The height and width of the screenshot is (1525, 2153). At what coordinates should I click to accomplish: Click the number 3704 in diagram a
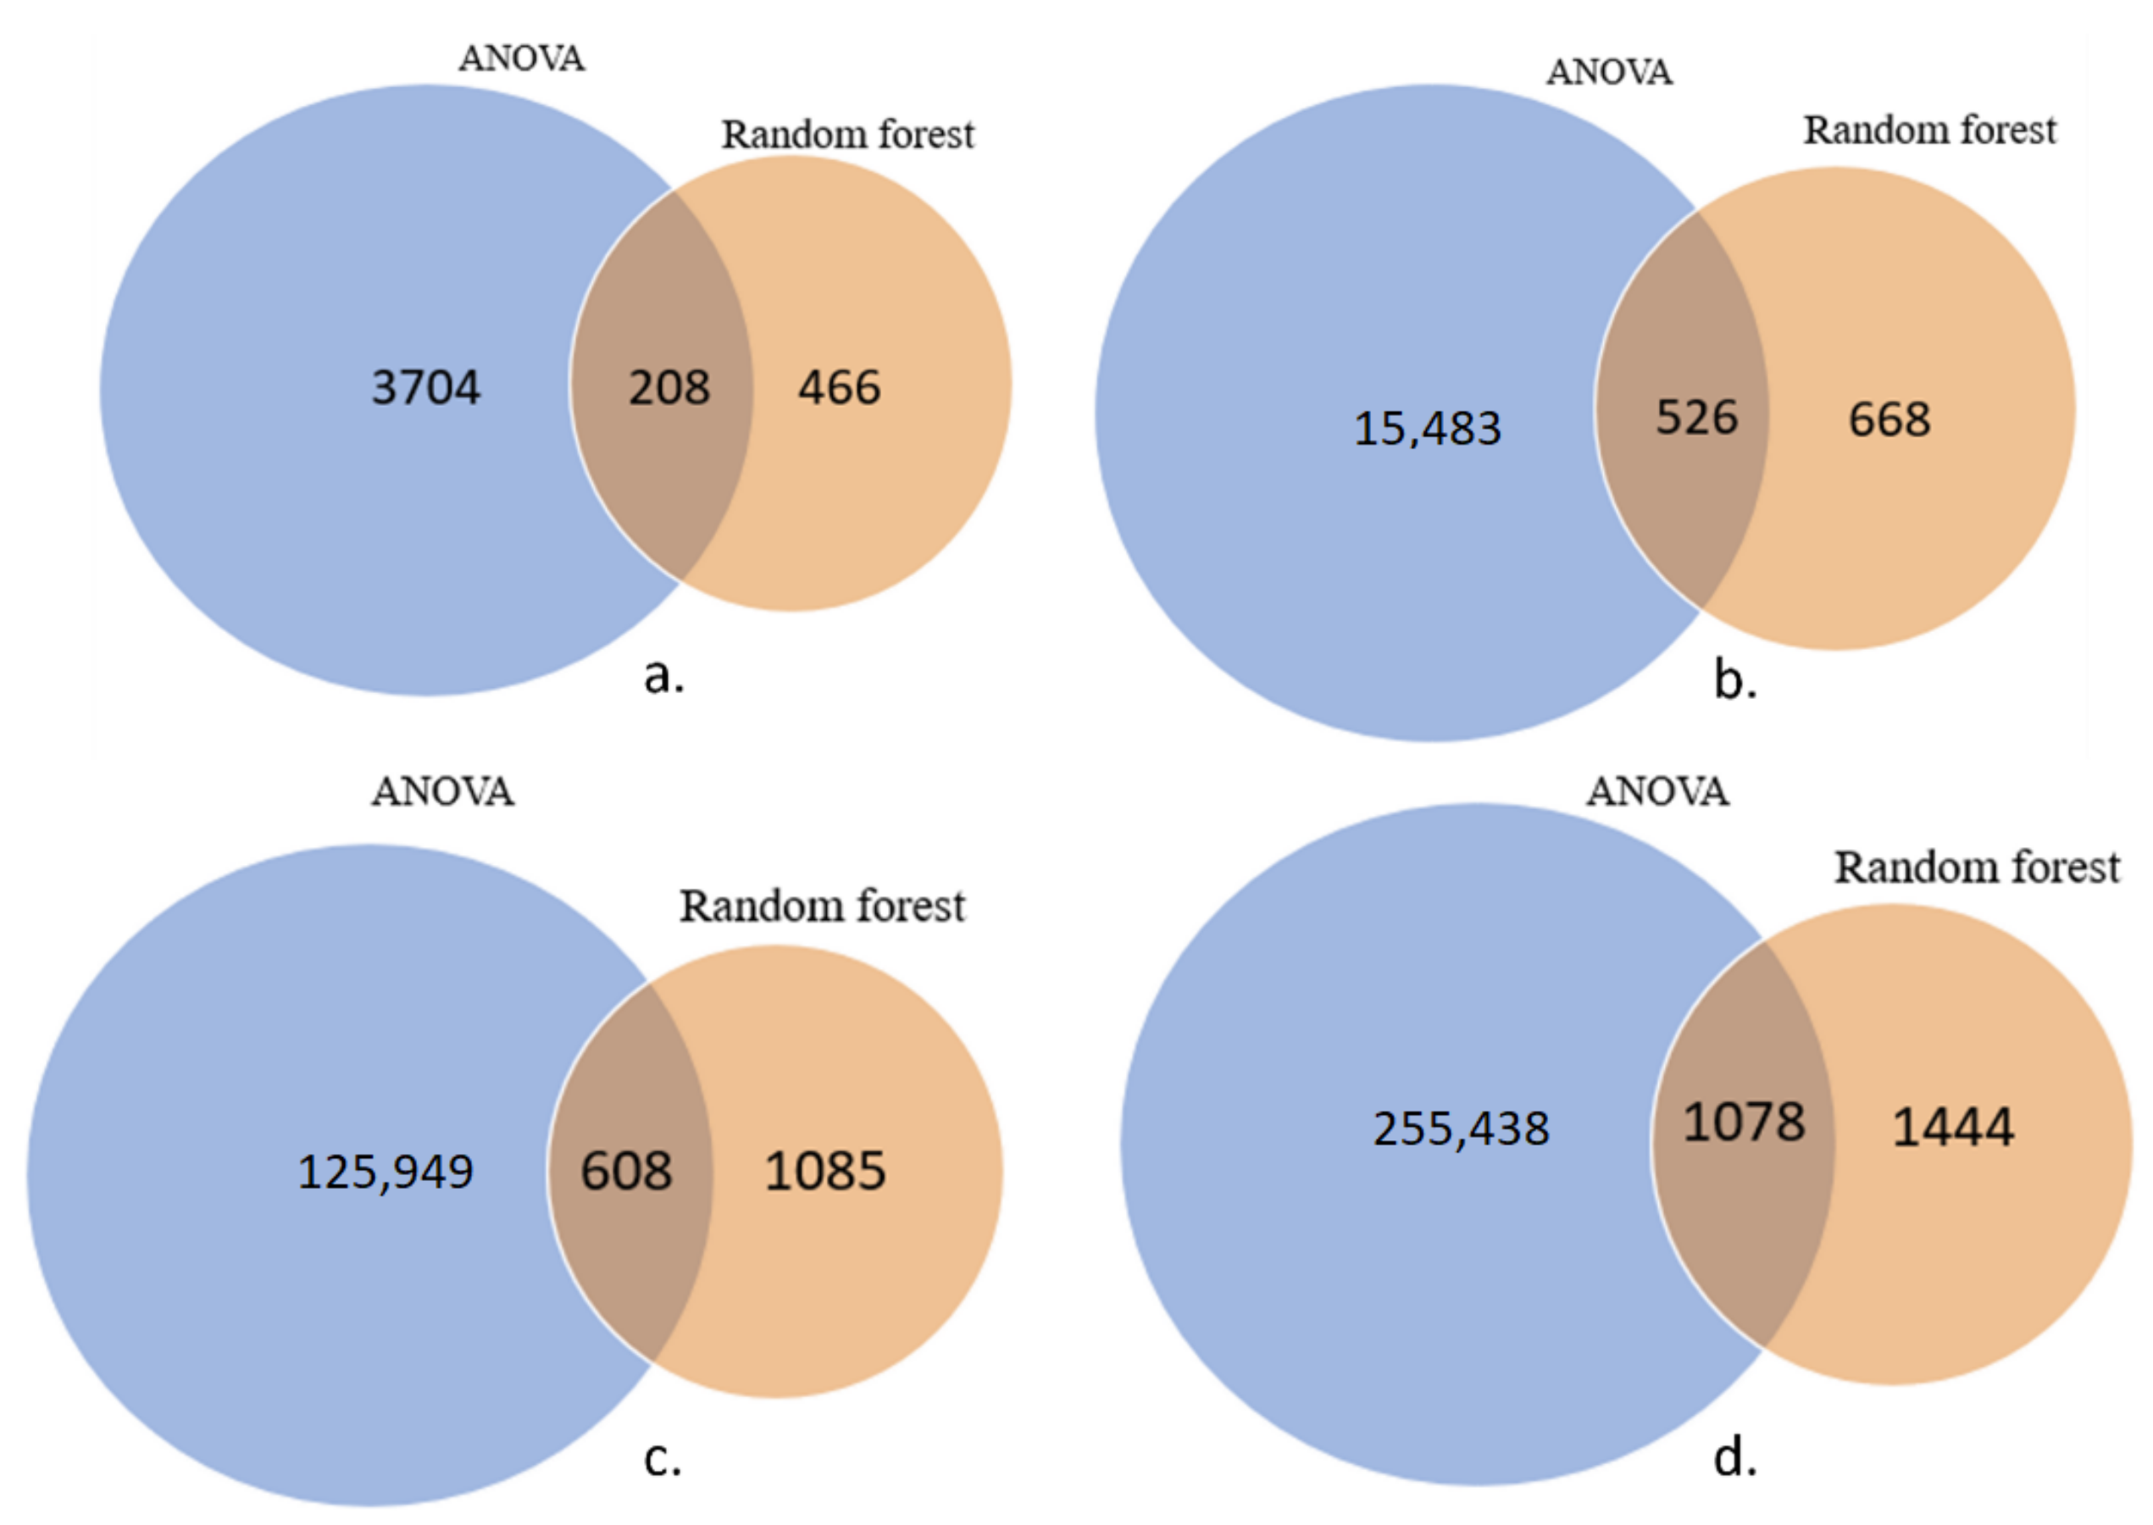(x=425, y=387)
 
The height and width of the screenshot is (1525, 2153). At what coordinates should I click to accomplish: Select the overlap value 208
(x=669, y=387)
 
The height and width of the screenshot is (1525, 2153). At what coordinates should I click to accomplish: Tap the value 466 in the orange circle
(x=840, y=387)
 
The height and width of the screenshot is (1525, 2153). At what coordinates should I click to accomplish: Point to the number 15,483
(x=1427, y=428)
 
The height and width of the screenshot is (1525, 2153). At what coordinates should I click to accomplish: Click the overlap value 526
(x=1695, y=417)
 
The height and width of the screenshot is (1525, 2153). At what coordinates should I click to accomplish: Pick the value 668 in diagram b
(x=1889, y=419)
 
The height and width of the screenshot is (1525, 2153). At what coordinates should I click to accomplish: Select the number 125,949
(x=385, y=1172)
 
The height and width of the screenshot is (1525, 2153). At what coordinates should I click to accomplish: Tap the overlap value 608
(x=626, y=1171)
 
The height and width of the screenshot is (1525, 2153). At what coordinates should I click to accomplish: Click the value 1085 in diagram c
(x=824, y=1171)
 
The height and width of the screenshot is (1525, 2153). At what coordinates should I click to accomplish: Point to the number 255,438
(x=1461, y=1128)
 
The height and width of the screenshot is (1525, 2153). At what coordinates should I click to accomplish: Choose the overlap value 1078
(x=1744, y=1123)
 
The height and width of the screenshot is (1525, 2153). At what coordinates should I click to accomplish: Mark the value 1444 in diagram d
(x=1953, y=1127)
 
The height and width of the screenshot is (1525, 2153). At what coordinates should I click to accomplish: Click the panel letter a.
(x=663, y=675)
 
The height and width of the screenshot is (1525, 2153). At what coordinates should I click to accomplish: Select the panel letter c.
(x=662, y=1459)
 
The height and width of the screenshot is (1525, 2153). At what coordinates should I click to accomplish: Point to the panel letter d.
(x=1734, y=1458)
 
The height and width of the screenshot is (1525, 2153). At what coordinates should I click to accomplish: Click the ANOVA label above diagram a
(x=522, y=59)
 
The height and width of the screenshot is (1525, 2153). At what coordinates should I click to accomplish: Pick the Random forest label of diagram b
(x=1929, y=130)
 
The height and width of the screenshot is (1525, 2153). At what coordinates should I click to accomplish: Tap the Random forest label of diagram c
(x=822, y=907)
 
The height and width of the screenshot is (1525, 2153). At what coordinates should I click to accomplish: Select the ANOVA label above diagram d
(x=1657, y=791)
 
